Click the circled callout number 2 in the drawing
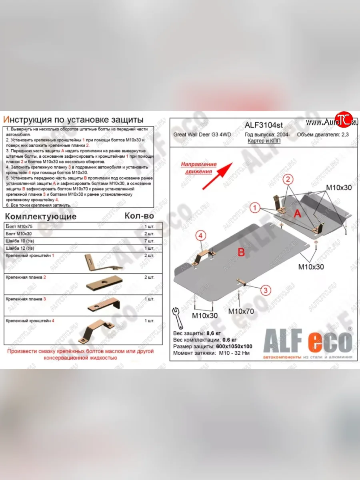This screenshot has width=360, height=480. [287, 179]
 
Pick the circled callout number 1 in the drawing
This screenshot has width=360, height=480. [254, 208]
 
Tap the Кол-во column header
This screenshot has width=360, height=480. [138, 216]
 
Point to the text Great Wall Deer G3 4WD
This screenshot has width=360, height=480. [202, 135]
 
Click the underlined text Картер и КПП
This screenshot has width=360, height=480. [262, 142]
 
